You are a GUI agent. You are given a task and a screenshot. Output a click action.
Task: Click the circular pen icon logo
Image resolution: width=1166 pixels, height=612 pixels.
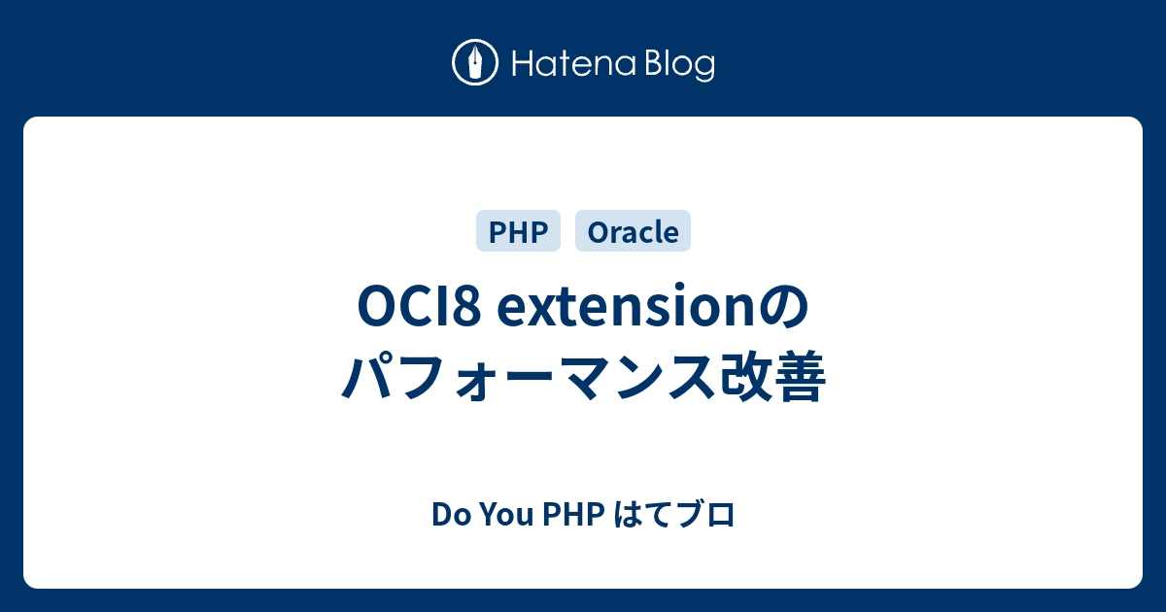click(x=475, y=63)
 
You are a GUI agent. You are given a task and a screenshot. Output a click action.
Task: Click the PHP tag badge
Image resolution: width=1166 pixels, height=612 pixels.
click(x=519, y=231)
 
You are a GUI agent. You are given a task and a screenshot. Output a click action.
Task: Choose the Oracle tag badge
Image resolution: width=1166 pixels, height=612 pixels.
click(x=633, y=231)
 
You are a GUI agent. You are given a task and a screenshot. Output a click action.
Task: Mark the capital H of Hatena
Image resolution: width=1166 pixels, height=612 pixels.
click(x=521, y=64)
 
